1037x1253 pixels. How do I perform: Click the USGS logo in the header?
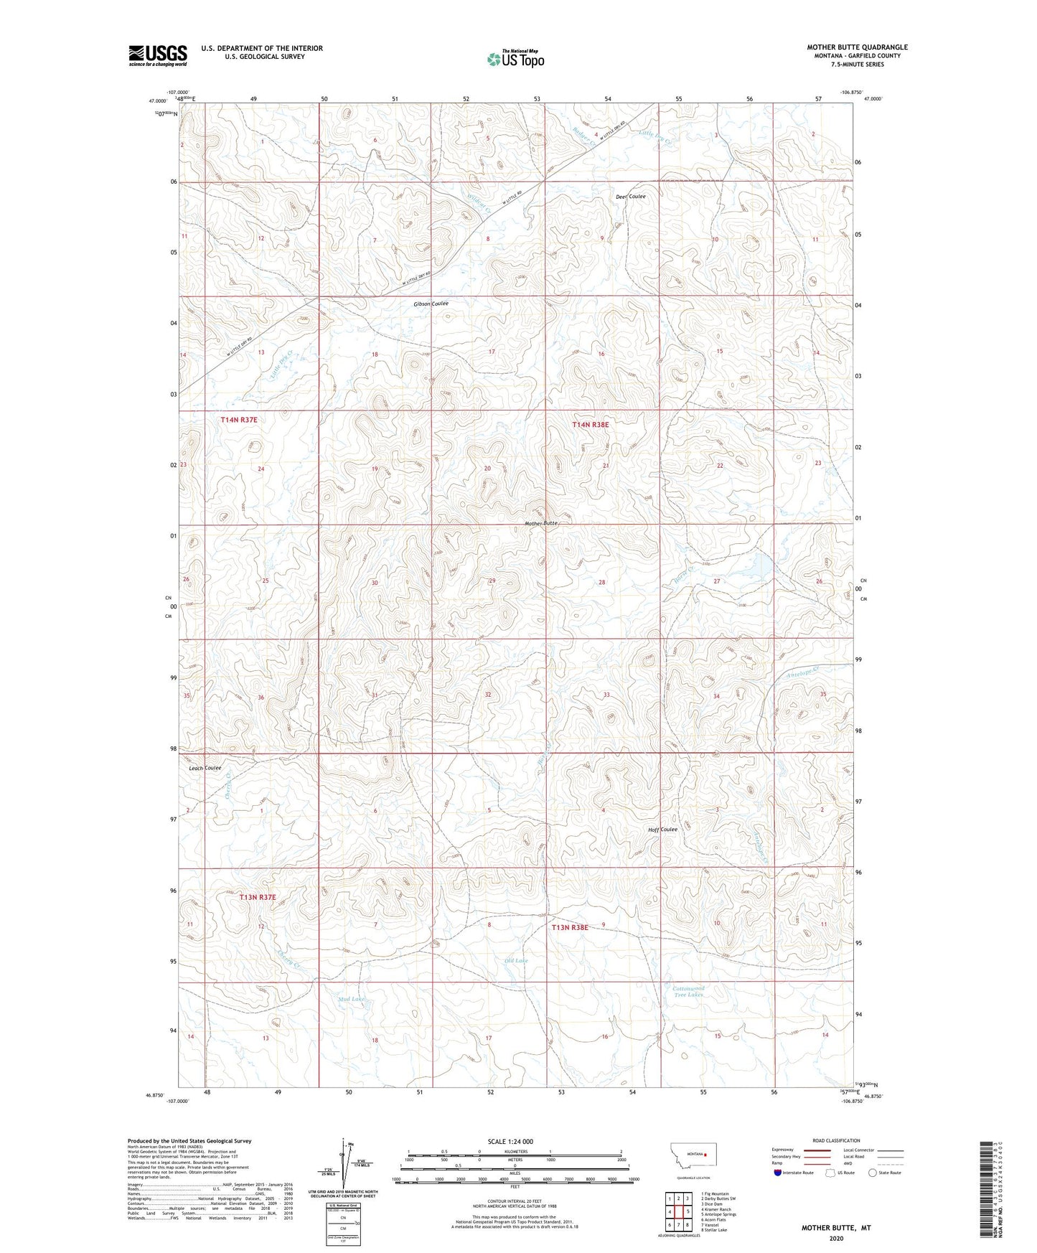(158, 55)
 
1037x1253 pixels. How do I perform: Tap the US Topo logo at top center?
(515, 59)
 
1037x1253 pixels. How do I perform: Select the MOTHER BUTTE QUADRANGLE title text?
(857, 47)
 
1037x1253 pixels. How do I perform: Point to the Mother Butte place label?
(541, 523)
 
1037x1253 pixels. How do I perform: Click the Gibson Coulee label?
(431, 304)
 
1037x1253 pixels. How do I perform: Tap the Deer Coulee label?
(630, 197)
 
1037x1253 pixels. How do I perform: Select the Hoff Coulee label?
(662, 830)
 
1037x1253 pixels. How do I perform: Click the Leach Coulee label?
(205, 768)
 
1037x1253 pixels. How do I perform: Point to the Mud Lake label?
(351, 999)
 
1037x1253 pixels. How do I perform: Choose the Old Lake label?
(515, 960)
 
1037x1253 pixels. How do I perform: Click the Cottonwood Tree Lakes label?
(688, 992)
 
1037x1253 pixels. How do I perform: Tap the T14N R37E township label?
(239, 419)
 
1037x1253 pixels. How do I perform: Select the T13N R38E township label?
(570, 927)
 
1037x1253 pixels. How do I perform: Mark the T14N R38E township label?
(590, 425)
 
